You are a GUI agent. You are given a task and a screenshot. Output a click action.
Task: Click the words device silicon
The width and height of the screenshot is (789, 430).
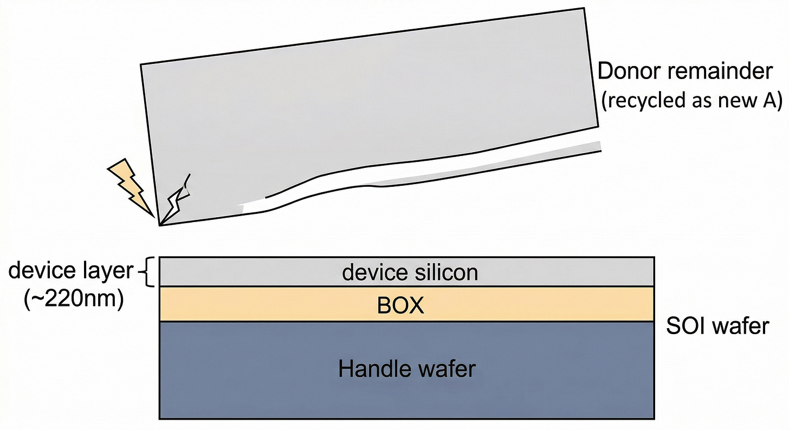pos(410,272)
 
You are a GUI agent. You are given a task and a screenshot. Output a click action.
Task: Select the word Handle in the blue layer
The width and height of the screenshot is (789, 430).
pos(373,369)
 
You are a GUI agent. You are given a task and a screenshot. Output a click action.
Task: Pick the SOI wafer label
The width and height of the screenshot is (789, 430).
pos(717,325)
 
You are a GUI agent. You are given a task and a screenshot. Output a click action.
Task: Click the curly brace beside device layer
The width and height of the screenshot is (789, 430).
pos(146,272)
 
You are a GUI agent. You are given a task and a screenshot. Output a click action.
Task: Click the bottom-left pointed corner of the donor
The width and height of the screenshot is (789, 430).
pos(159,224)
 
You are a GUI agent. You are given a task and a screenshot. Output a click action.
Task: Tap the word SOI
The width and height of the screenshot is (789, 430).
pos(685,325)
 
